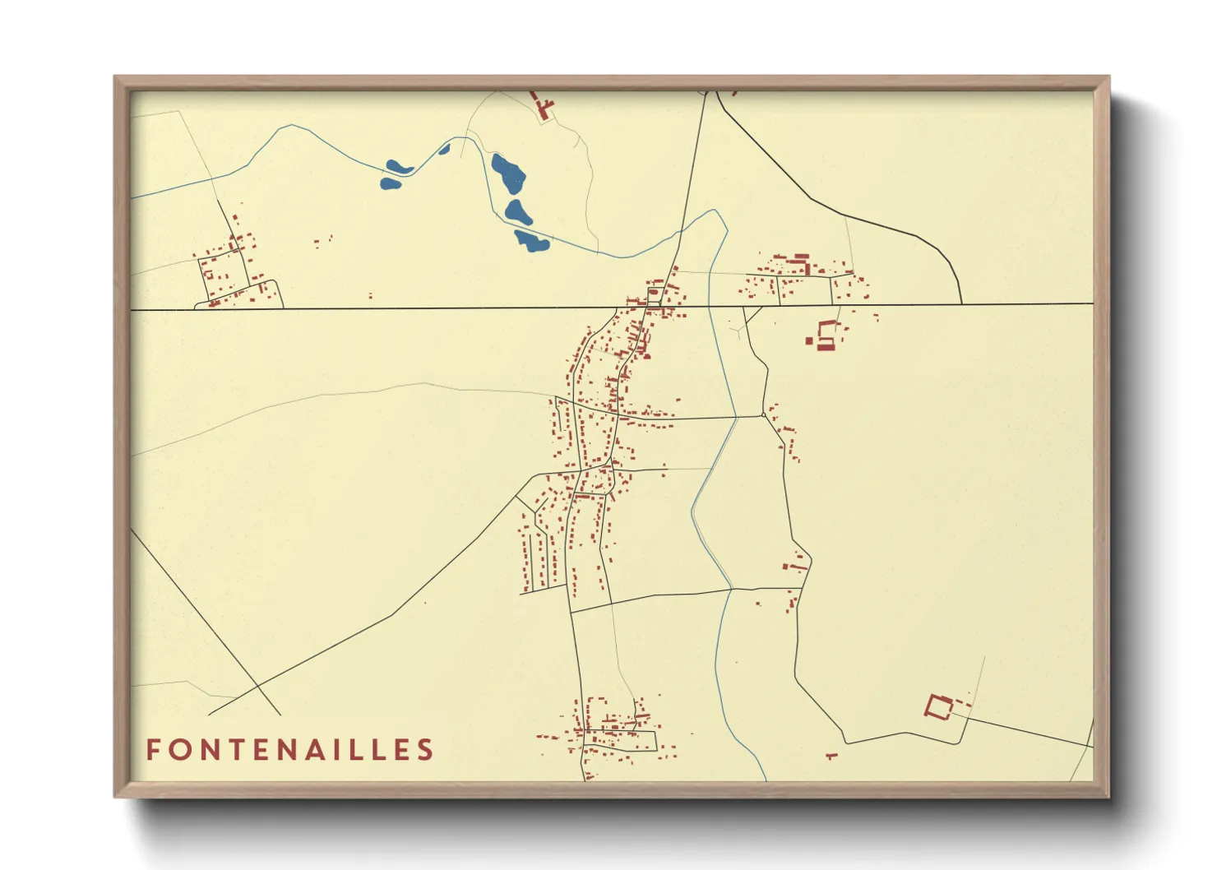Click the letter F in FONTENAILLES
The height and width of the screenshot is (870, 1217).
(154, 750)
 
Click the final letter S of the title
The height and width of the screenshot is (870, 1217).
(425, 750)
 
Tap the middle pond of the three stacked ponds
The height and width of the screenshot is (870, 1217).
(519, 211)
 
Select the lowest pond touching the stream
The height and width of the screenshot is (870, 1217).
(531, 240)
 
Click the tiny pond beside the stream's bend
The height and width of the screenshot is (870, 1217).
(445, 149)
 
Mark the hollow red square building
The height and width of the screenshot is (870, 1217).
(938, 706)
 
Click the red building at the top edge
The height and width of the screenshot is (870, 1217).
(543, 108)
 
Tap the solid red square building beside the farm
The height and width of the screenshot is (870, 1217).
(809, 340)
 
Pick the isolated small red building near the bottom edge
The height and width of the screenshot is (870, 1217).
(831, 755)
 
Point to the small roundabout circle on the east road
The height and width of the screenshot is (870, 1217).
(764, 415)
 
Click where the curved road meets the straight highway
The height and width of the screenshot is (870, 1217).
(960, 304)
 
